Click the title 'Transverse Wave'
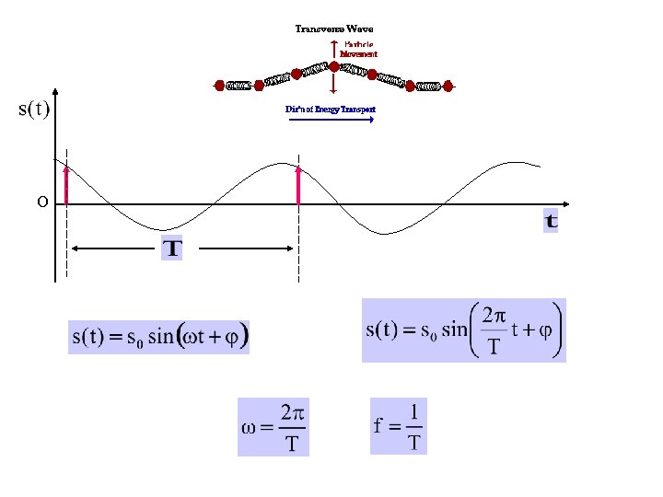pyautogui.click(x=333, y=29)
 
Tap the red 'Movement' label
pyautogui.click(x=358, y=54)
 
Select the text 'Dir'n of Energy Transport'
pyautogui.click(x=331, y=110)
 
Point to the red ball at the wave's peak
pyautogui.click(x=333, y=66)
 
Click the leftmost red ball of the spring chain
pyautogui.click(x=219, y=87)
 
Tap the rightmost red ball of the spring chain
pyautogui.click(x=448, y=87)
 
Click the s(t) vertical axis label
pyautogui.click(x=34, y=110)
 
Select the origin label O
pyautogui.click(x=42, y=202)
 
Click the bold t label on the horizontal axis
pyautogui.click(x=551, y=221)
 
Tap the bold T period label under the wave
pyautogui.click(x=172, y=248)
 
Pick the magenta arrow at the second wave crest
pyautogui.click(x=298, y=184)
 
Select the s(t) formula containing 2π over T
pyautogui.click(x=463, y=330)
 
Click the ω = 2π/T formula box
pyautogui.click(x=273, y=426)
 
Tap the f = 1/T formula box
pyautogui.click(x=399, y=425)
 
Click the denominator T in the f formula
pyautogui.click(x=414, y=443)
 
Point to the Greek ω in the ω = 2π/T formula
pyautogui.click(x=249, y=427)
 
